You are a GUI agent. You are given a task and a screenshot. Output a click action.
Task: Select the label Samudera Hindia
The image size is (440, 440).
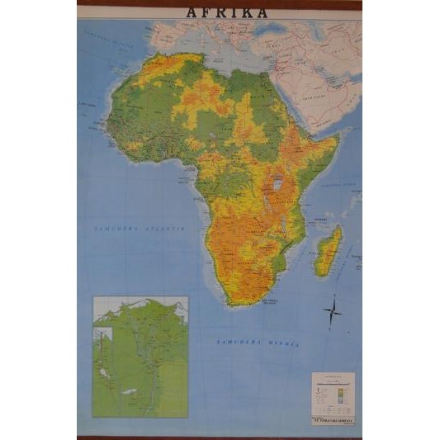(x=258, y=341)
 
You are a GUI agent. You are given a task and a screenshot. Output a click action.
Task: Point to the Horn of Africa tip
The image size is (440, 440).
(x=338, y=139)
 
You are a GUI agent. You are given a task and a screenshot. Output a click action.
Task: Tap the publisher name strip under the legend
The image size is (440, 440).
(x=334, y=419)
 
